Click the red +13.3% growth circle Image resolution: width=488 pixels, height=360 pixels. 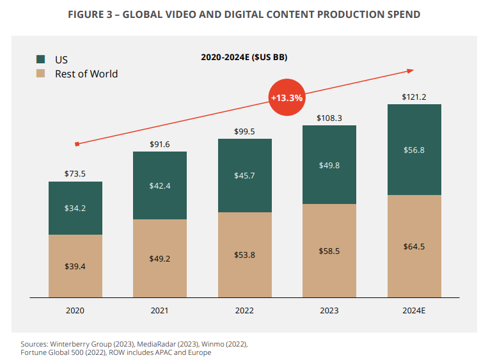(x=287, y=98)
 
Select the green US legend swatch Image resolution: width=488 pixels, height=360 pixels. (x=41, y=59)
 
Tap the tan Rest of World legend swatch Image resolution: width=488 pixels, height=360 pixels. (x=41, y=74)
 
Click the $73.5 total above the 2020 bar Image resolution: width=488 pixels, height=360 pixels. (x=75, y=173)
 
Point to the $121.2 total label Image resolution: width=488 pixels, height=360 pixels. (x=414, y=97)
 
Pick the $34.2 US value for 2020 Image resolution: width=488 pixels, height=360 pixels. (x=75, y=208)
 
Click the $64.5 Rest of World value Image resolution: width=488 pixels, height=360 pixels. (x=414, y=246)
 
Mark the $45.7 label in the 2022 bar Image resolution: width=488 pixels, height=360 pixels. (x=244, y=175)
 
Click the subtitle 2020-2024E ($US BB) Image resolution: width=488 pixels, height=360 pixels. (x=244, y=58)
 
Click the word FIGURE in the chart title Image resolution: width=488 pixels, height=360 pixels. (x=87, y=14)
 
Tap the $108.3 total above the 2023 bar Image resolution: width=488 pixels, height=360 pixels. (x=329, y=118)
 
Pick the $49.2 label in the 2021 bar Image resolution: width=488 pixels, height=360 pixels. (x=160, y=258)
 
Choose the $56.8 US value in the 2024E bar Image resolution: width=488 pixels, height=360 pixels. (x=414, y=150)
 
